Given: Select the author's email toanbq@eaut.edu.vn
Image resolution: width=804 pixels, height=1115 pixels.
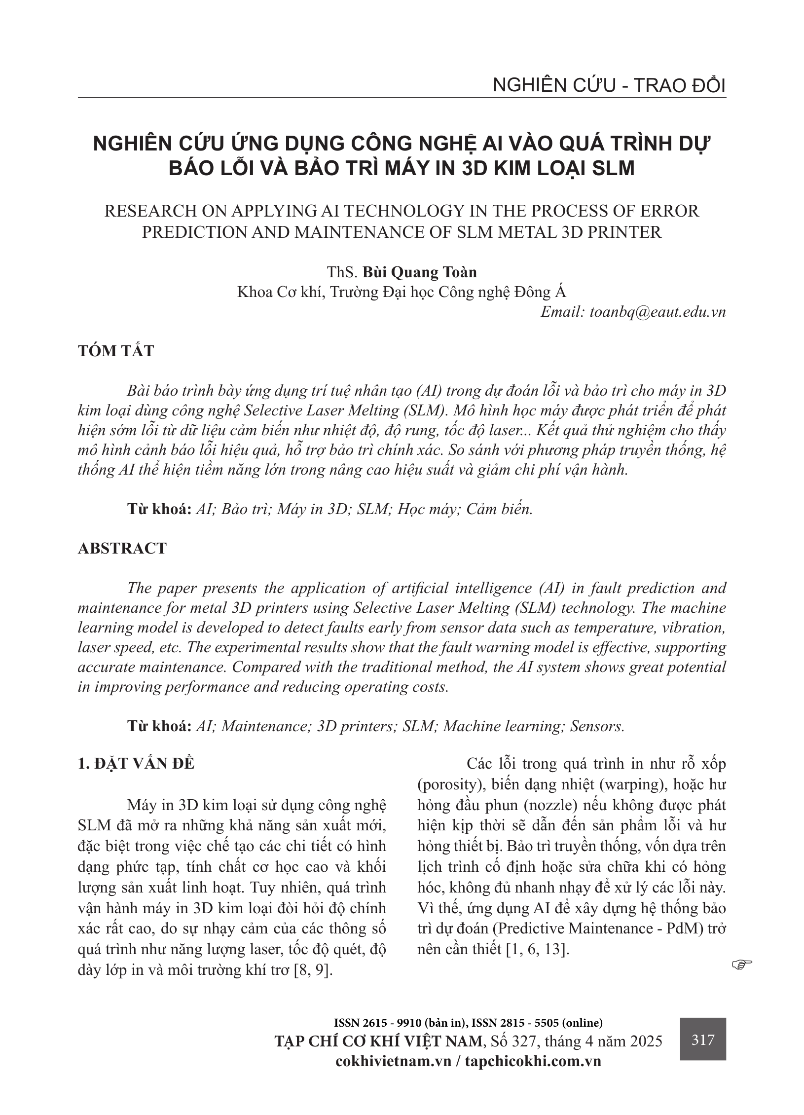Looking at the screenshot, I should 633,312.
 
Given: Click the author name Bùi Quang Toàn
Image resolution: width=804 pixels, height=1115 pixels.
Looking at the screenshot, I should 420,272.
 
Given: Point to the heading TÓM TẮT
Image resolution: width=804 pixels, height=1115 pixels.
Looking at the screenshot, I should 116,351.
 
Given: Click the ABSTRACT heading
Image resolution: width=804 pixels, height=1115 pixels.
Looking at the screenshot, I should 122,548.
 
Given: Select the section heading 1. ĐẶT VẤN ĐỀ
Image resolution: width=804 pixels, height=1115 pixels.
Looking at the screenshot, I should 137,763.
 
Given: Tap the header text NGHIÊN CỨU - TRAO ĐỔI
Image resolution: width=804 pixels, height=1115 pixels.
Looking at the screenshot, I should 609,86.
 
